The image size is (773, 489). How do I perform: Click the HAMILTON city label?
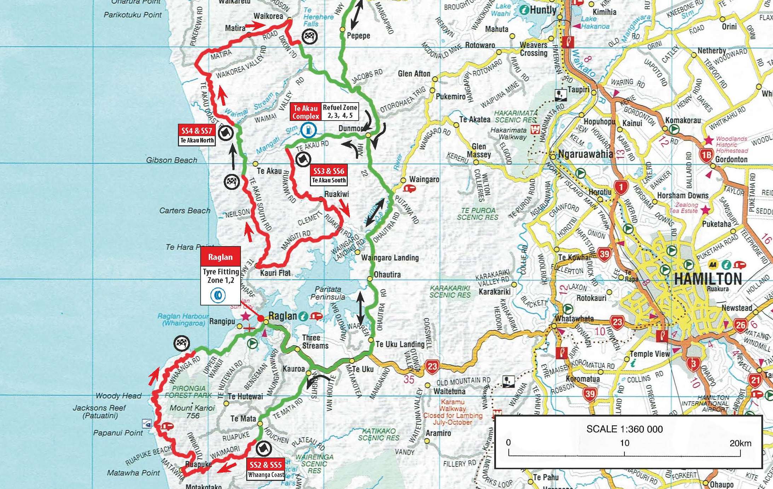click(708, 279)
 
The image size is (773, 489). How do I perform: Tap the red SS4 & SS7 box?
click(197, 131)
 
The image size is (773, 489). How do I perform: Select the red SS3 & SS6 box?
click(329, 171)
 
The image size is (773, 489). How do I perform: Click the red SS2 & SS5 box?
click(266, 465)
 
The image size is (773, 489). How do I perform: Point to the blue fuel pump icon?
click(308, 130)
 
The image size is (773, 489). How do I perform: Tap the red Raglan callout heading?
click(220, 257)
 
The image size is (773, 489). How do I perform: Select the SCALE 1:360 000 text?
click(624, 429)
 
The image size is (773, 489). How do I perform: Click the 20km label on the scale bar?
click(740, 443)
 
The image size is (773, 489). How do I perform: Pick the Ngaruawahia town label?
click(585, 154)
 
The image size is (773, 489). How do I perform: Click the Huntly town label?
click(543, 10)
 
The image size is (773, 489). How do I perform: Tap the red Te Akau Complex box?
click(306, 112)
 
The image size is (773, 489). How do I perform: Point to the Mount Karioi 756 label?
click(192, 412)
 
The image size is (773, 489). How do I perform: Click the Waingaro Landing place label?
click(390, 258)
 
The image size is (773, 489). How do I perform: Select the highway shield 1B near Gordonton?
click(706, 155)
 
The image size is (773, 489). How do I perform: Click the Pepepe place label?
click(358, 36)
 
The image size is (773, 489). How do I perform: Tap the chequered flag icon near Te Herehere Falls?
click(310, 36)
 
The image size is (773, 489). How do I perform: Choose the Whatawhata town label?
click(574, 318)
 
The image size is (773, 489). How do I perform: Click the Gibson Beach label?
click(172, 160)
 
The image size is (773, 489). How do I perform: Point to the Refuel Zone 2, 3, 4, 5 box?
click(340, 111)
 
